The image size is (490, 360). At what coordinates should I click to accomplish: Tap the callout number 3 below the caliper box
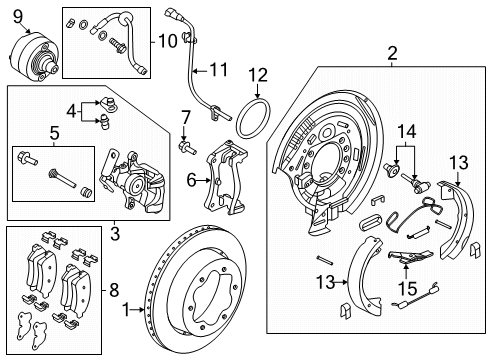[116, 233]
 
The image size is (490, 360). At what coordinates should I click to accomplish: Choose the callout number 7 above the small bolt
[185, 118]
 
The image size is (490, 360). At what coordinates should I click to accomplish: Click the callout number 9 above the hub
[17, 15]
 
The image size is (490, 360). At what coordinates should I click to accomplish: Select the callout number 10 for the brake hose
[166, 41]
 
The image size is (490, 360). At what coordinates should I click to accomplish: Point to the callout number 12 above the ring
[259, 75]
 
